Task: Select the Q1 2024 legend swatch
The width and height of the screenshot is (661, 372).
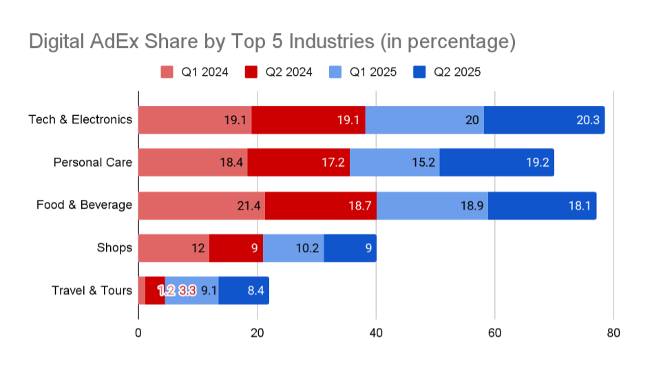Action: (167, 72)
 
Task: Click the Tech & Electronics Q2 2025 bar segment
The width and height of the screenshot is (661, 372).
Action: (544, 120)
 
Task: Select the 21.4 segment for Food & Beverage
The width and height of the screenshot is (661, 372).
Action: (201, 205)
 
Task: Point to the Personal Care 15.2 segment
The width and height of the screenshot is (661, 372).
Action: (395, 163)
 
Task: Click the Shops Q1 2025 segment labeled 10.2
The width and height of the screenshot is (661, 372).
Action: (293, 248)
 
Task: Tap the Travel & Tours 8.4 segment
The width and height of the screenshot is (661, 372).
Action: (244, 291)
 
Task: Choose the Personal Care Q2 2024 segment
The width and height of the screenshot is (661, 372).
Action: (298, 163)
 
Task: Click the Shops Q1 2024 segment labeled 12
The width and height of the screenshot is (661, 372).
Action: (174, 248)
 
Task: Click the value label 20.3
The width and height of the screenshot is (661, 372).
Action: (588, 120)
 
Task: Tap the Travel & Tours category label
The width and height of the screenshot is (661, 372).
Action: (92, 291)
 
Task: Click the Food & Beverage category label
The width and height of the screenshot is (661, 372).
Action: (84, 205)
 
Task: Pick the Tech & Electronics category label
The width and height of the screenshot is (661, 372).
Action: (80, 120)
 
